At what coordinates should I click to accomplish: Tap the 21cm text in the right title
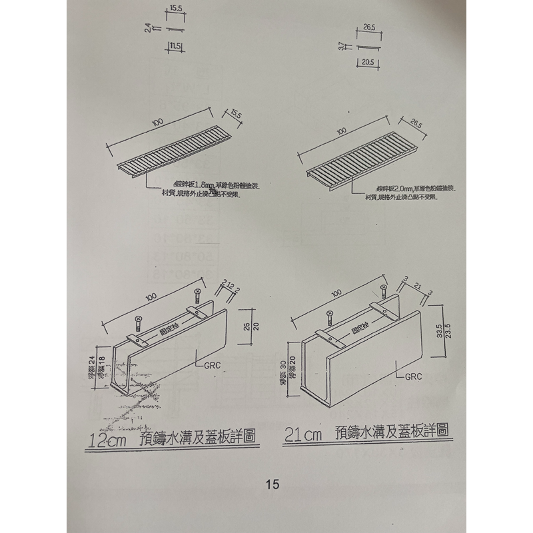pyautogui.click(x=303, y=434)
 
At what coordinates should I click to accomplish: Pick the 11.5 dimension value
pyautogui.click(x=176, y=45)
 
